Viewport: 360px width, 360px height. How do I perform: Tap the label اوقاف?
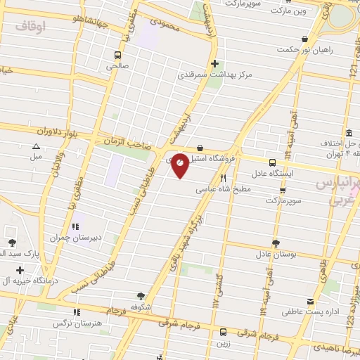pos(30,26)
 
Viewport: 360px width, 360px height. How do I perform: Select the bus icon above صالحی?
pos(117,54)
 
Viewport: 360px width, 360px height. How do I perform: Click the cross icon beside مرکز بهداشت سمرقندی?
pos(214,63)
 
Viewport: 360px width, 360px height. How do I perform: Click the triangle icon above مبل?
pos(35,146)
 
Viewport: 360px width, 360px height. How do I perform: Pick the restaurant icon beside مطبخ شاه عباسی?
pos(224,178)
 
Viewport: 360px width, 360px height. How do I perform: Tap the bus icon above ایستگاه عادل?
pos(272,162)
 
